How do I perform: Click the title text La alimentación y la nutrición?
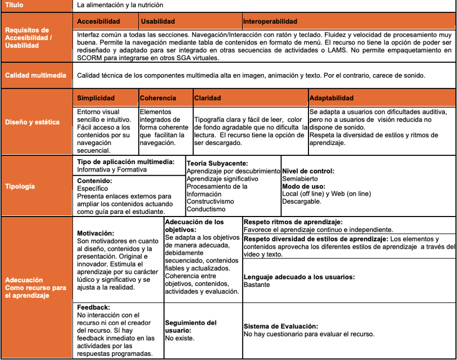(x=120, y=5)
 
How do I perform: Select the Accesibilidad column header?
(x=98, y=22)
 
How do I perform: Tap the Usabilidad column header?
(x=158, y=22)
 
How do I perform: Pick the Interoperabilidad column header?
(x=270, y=22)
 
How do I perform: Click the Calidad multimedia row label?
(x=36, y=76)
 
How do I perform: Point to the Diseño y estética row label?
(x=29, y=122)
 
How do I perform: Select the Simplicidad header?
(x=96, y=98)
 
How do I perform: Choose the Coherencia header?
(x=158, y=98)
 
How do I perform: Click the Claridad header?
(x=208, y=98)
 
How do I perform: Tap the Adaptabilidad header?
(x=331, y=98)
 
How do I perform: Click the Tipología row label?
(x=20, y=185)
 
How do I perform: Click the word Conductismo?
(x=206, y=209)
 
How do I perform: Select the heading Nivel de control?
(x=308, y=171)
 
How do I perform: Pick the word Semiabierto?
(x=299, y=179)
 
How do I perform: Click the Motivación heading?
(x=96, y=234)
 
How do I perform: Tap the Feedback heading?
(x=93, y=307)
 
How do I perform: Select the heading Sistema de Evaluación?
(x=281, y=326)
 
